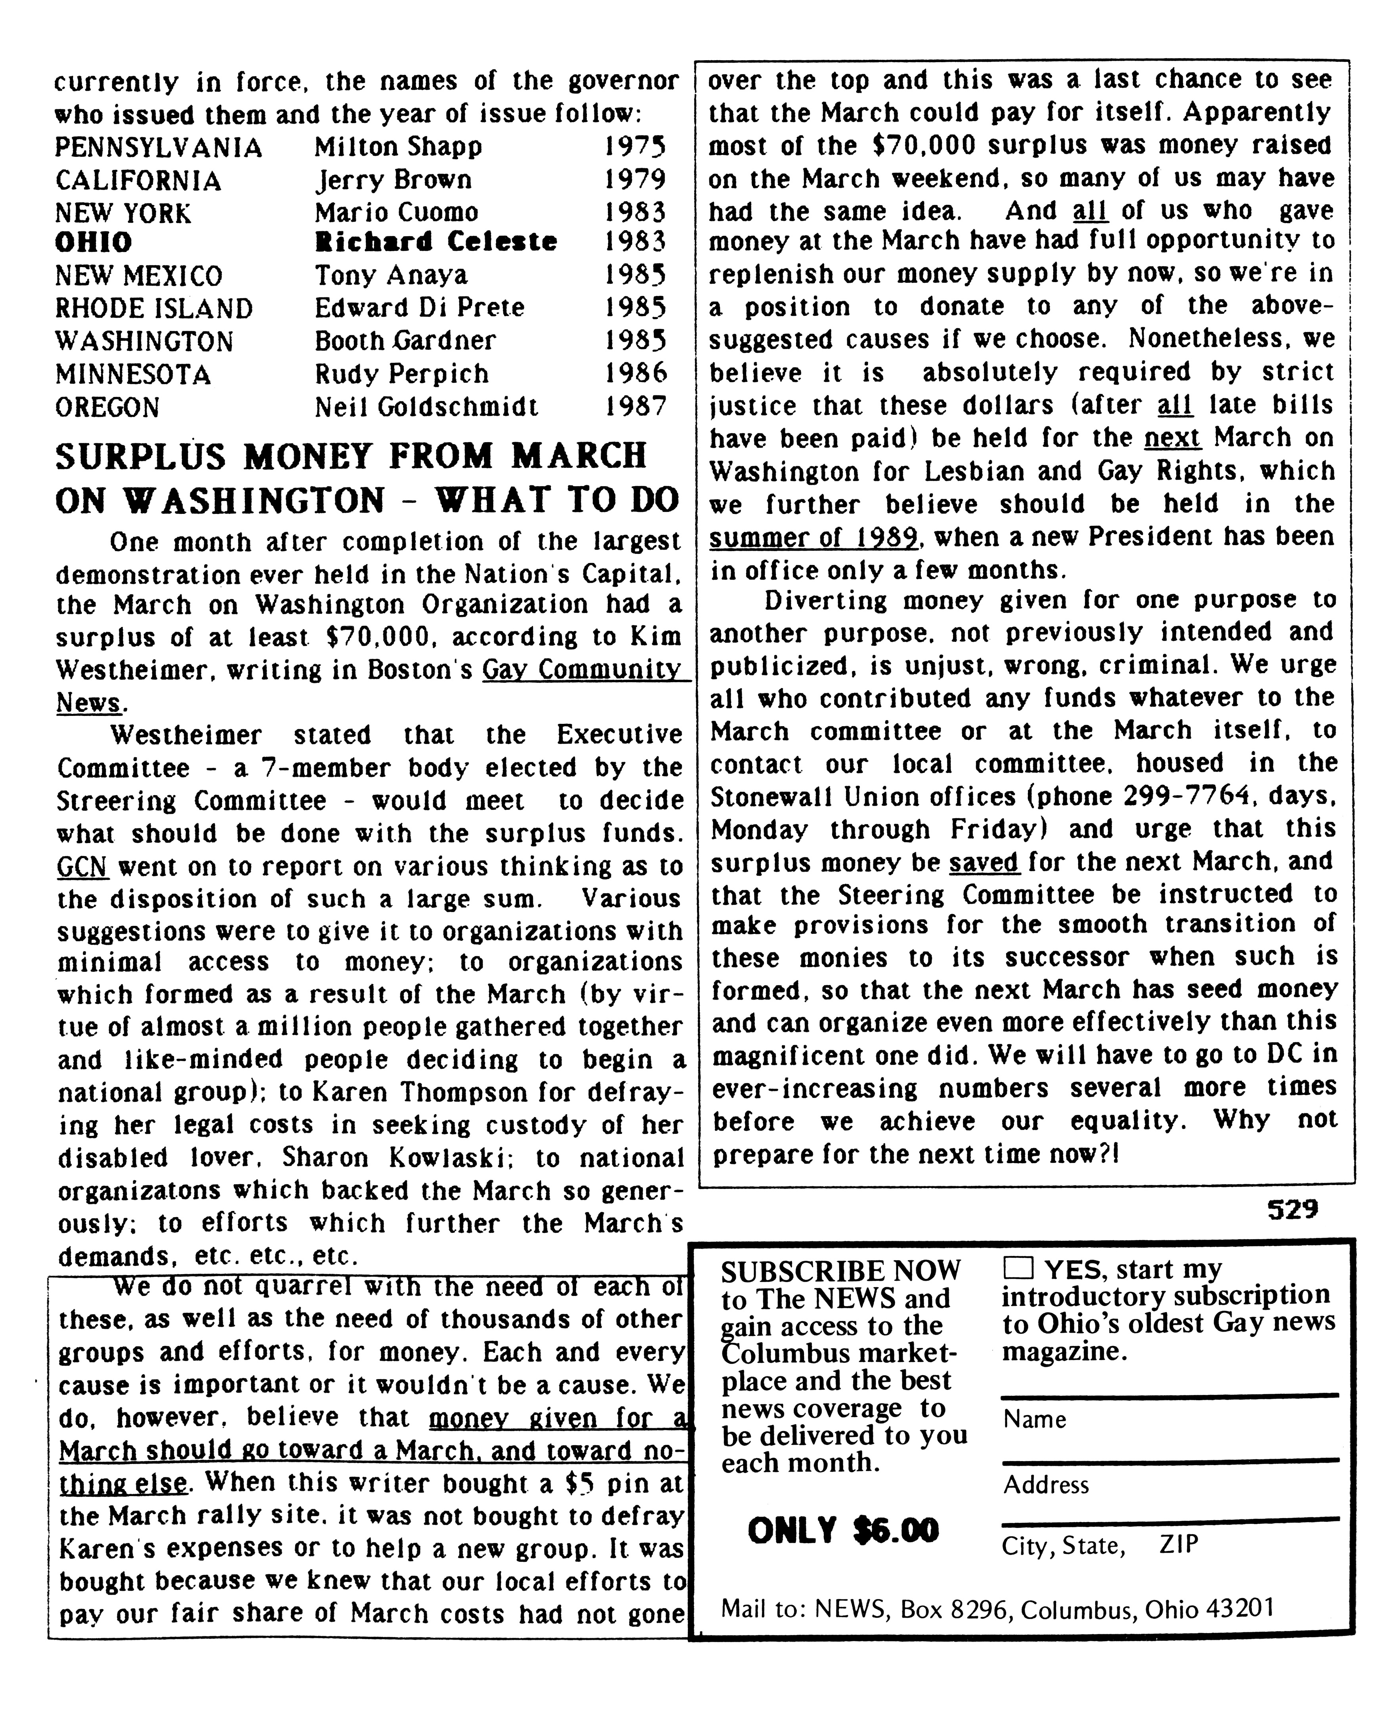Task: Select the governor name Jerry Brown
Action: pyautogui.click(x=393, y=180)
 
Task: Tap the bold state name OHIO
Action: pyautogui.click(x=94, y=242)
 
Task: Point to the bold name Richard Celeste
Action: pyautogui.click(x=435, y=242)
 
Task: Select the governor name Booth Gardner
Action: pyautogui.click(x=405, y=341)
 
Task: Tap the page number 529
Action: pyautogui.click(x=1292, y=1210)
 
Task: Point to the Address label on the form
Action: pyautogui.click(x=1046, y=1484)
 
